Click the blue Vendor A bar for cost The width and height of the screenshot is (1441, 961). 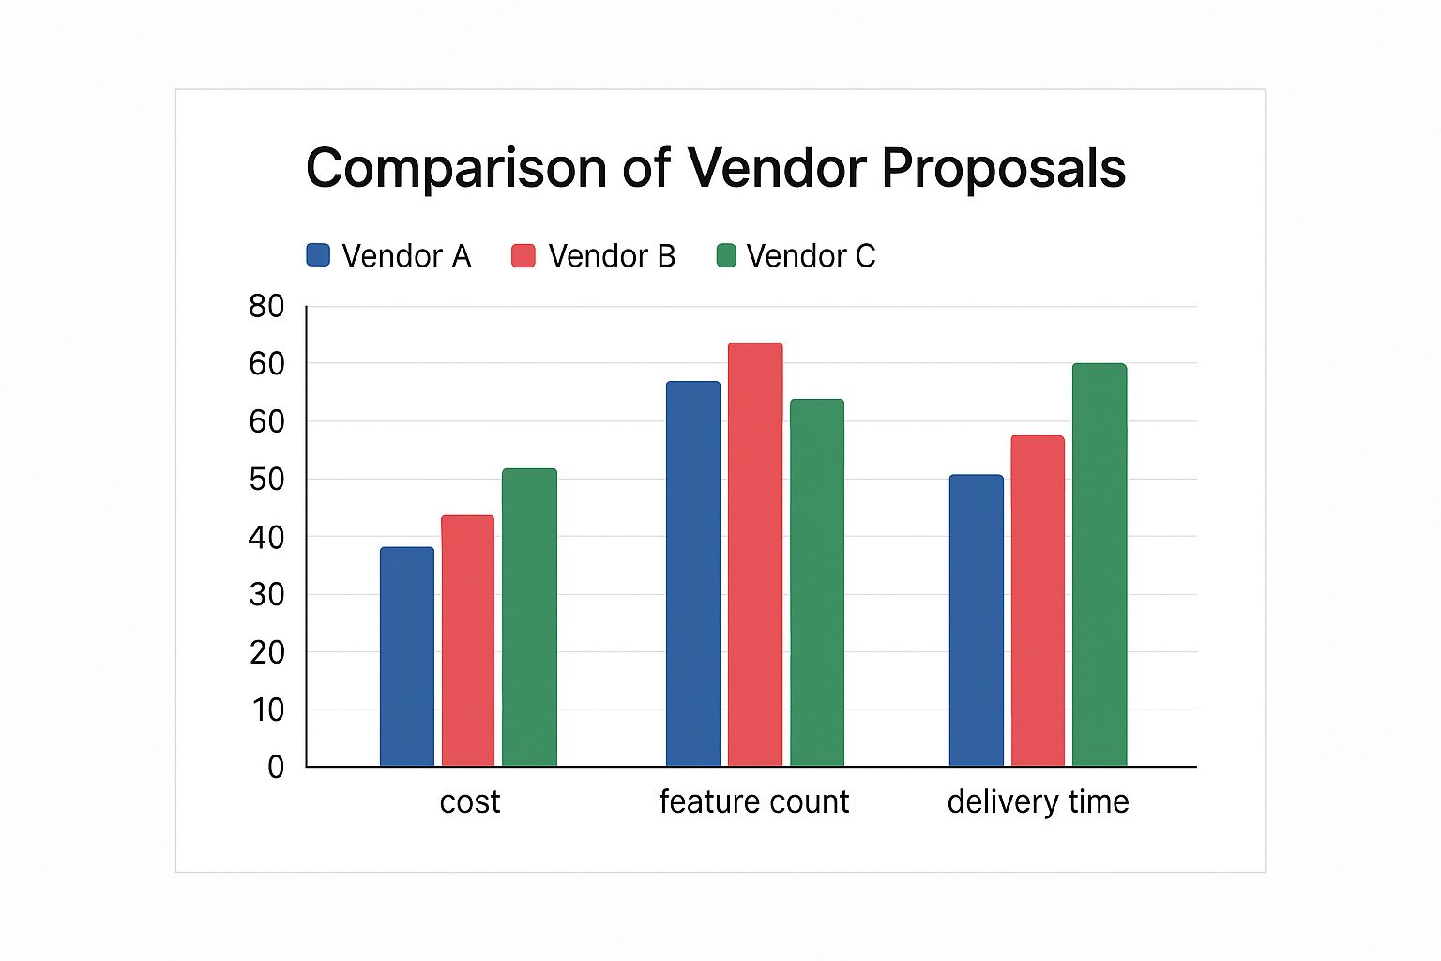click(x=407, y=657)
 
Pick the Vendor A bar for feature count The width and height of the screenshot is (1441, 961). click(x=693, y=574)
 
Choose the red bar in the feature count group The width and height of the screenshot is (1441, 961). click(x=755, y=555)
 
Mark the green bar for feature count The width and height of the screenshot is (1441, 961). click(x=817, y=583)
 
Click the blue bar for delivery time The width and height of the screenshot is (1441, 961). click(x=976, y=620)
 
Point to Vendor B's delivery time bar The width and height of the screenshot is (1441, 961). click(x=1038, y=601)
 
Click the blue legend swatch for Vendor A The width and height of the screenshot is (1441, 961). click(x=318, y=255)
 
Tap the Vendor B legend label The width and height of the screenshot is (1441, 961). click(x=612, y=256)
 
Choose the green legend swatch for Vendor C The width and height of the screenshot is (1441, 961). click(x=727, y=255)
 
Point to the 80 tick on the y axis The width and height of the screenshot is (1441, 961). click(x=266, y=306)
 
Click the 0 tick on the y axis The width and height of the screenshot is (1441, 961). click(x=275, y=767)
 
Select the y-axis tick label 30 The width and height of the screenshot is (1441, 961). click(x=266, y=594)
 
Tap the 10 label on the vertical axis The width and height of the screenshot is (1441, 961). click(x=266, y=709)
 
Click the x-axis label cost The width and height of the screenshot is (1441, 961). click(x=470, y=801)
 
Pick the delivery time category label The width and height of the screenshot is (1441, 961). click(x=1038, y=801)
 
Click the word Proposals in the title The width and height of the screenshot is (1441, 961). click(x=1003, y=169)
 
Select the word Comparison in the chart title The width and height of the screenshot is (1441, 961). click(x=456, y=169)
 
